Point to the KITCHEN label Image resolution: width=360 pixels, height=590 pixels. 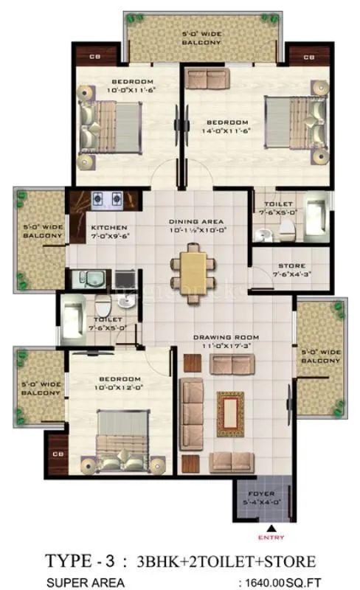tap(109, 227)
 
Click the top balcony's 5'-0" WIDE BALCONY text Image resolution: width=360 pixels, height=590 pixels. tap(201, 38)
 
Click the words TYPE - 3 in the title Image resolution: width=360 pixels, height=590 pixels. tap(77, 561)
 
